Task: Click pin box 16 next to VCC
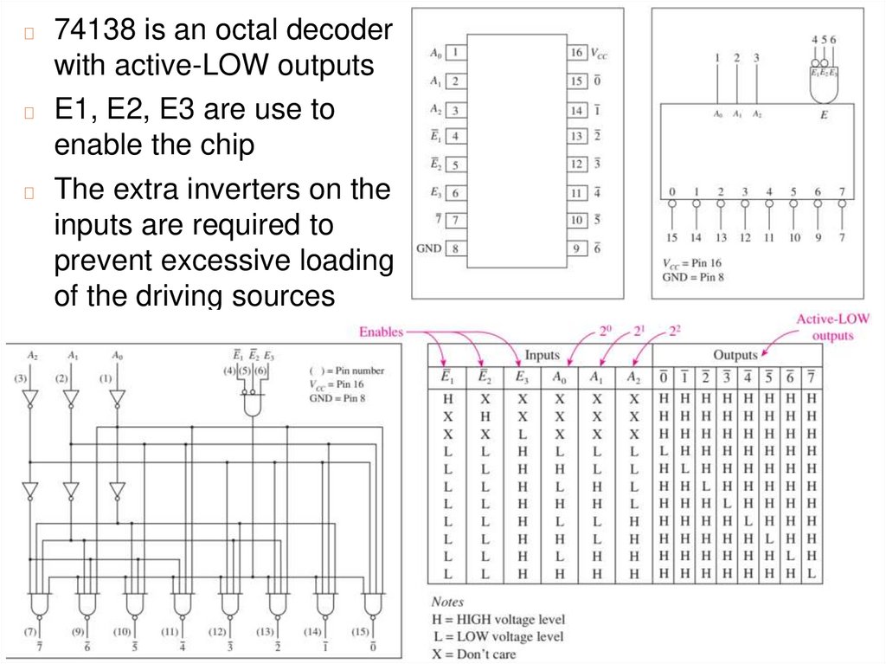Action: coord(576,52)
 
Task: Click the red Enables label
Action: coord(381,331)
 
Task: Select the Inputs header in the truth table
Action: coord(542,355)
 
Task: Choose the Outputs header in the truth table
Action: coord(735,355)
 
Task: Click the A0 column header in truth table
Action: coord(559,378)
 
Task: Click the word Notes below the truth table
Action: coord(447,602)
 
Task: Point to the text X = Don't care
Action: coord(473,654)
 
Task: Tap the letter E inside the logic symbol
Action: coord(823,113)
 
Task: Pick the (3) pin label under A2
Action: coord(21,378)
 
